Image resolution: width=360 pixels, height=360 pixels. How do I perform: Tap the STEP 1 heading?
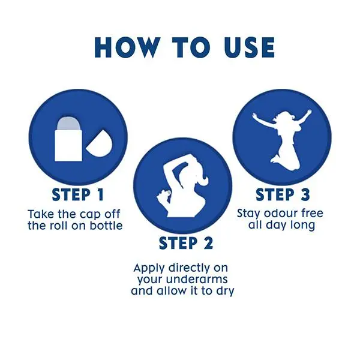78,195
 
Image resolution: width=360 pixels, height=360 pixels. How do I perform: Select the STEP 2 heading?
186,244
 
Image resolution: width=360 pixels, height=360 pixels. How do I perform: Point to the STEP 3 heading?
283,194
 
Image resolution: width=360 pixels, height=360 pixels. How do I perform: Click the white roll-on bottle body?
68,145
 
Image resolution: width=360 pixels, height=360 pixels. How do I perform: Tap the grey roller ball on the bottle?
68,124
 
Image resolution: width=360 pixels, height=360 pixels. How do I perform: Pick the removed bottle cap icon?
100,143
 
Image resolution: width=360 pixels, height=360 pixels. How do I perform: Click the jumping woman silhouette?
282,140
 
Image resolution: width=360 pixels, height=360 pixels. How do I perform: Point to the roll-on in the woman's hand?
169,193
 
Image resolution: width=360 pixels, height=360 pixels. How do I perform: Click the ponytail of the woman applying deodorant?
203,179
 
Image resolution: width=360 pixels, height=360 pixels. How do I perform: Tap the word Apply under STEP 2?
149,269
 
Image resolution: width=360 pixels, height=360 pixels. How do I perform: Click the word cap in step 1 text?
90,215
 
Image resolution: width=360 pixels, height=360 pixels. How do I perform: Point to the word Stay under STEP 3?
249,214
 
